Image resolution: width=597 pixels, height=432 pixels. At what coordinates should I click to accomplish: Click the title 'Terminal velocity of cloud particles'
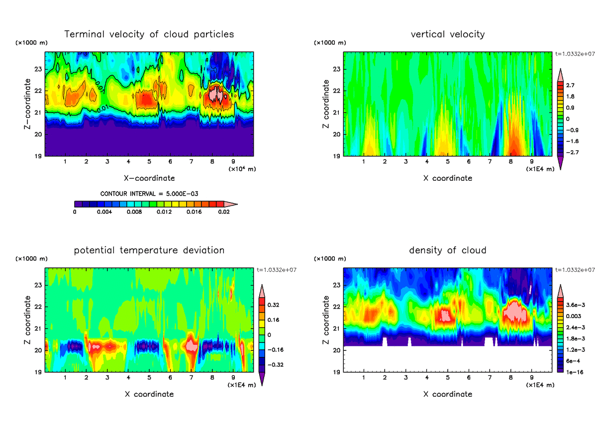tap(149, 34)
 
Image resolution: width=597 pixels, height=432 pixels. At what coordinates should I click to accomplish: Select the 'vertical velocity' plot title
tap(448, 34)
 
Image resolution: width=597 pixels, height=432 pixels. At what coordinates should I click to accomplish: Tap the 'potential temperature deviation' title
tap(149, 250)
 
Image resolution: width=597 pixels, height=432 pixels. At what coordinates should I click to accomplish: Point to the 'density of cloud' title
tap(448, 250)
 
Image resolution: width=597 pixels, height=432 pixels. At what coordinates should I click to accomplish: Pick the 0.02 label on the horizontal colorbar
tap(224, 212)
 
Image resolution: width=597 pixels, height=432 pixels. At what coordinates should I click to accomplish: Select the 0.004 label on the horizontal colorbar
tap(104, 212)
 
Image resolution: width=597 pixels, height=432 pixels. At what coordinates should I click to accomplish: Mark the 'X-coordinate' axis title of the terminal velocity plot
tap(149, 178)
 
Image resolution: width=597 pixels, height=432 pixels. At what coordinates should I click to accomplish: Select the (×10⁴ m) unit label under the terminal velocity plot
tap(242, 169)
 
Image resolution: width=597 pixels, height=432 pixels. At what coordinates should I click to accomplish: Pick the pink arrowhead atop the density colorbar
tap(560, 288)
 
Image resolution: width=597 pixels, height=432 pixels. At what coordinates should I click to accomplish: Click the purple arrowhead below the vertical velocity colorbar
tap(560, 165)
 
